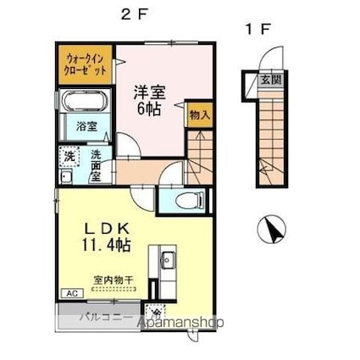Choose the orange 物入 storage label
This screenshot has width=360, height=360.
click(199, 113)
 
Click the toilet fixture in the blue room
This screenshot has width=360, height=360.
click(186, 201)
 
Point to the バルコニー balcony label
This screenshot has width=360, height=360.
click(105, 320)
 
